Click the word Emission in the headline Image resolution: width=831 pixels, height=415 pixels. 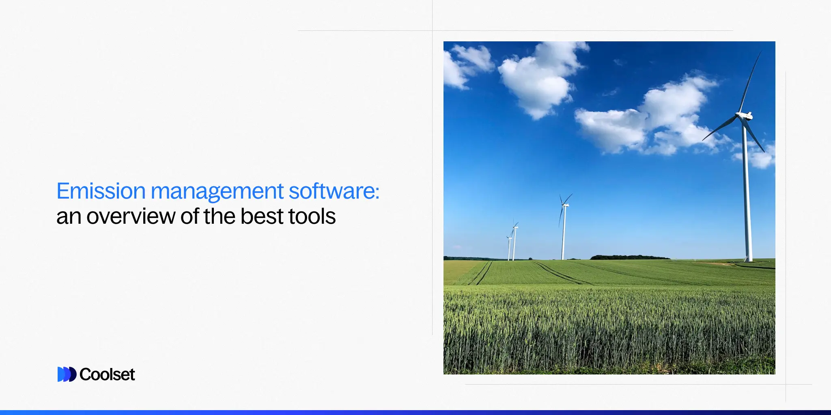click(101, 191)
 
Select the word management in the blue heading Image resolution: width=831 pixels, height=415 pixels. click(217, 192)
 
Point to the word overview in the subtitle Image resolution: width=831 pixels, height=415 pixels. click(131, 216)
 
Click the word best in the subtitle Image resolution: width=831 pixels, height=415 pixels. click(262, 216)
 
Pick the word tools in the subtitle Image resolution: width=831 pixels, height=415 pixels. click(312, 216)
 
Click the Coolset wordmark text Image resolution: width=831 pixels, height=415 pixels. click(107, 374)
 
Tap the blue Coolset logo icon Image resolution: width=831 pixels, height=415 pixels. click(67, 374)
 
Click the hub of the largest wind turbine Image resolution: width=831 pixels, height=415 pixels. click(745, 116)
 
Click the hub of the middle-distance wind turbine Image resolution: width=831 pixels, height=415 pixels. click(564, 205)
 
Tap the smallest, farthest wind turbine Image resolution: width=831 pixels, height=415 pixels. click(509, 247)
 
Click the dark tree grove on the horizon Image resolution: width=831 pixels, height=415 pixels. click(629, 257)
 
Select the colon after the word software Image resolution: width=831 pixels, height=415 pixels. click(377, 192)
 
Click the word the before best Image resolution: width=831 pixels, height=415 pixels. click(221, 216)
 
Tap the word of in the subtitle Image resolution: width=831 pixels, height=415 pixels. click(190, 216)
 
